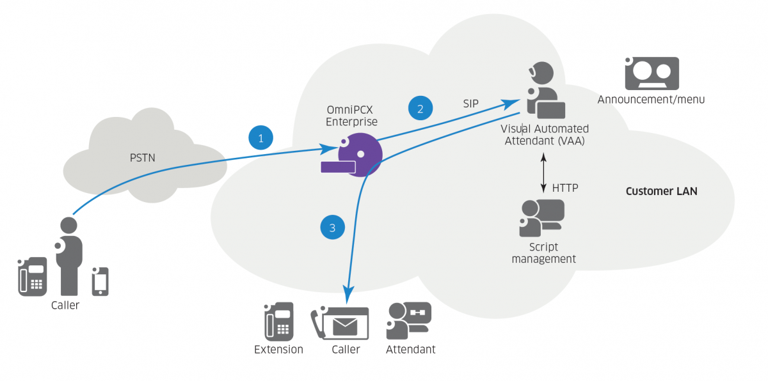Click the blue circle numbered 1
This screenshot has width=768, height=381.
(x=260, y=137)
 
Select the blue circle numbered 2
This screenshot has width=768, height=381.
(x=420, y=108)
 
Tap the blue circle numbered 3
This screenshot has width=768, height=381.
(x=332, y=227)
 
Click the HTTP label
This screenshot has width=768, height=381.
(x=565, y=188)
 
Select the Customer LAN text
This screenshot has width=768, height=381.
(x=661, y=191)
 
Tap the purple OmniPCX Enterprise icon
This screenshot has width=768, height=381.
(x=355, y=155)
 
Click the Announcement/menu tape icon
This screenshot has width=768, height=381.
(x=652, y=73)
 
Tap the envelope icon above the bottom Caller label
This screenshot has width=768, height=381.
(x=345, y=325)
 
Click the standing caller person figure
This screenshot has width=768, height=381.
(x=69, y=256)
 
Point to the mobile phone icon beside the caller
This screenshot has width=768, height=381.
(x=100, y=281)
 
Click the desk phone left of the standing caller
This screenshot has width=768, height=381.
(x=32, y=277)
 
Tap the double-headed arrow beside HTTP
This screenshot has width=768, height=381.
(x=543, y=173)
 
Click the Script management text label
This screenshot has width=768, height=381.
(x=543, y=253)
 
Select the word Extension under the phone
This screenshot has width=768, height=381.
(x=278, y=350)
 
